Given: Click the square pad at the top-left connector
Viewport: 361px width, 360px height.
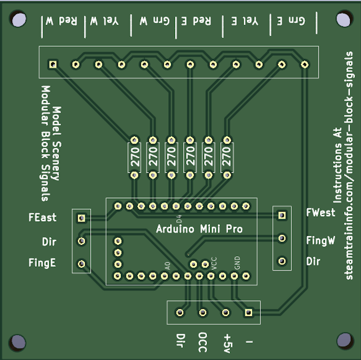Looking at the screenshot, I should pyautogui.click(x=52, y=64).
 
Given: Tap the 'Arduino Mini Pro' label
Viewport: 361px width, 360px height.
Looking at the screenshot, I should pyautogui.click(x=199, y=229).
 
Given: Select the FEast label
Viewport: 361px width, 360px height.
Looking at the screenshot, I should pyautogui.click(x=43, y=218).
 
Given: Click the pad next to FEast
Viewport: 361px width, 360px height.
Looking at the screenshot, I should pyautogui.click(x=81, y=218).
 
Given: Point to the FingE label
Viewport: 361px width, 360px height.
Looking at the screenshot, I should pyautogui.click(x=43, y=262).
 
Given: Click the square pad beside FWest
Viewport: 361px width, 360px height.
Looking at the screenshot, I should pyautogui.click(x=282, y=215).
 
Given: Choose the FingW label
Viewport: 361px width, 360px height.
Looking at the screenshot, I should pyautogui.click(x=320, y=240).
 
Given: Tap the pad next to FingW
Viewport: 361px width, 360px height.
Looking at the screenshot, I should pyautogui.click(x=282, y=238).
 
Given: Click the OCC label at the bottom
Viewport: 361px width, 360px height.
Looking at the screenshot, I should pyautogui.click(x=203, y=342).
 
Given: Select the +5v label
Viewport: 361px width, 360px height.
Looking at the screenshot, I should pyautogui.click(x=227, y=343).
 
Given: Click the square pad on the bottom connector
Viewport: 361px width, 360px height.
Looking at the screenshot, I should pyautogui.click(x=248, y=312).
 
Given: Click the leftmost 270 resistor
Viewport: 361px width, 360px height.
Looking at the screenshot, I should pyautogui.click(x=134, y=157).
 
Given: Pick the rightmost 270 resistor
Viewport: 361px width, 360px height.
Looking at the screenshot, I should pyautogui.click(x=227, y=157).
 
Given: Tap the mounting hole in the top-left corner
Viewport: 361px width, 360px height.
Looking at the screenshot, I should pyautogui.click(x=19, y=20).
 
